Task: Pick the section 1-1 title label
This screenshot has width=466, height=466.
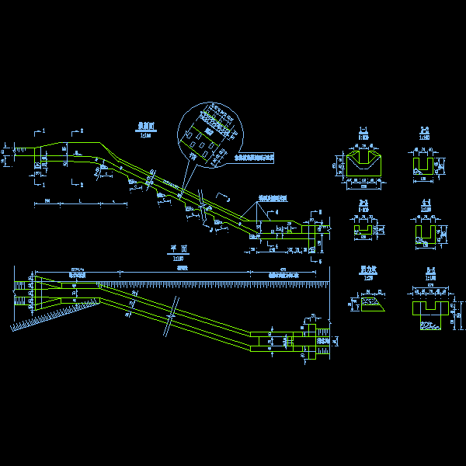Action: tap(363, 130)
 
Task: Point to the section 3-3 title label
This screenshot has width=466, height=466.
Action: tap(363, 203)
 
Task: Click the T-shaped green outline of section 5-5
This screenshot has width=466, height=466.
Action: tap(426, 308)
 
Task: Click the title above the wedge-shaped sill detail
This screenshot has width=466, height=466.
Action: tap(368, 270)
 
